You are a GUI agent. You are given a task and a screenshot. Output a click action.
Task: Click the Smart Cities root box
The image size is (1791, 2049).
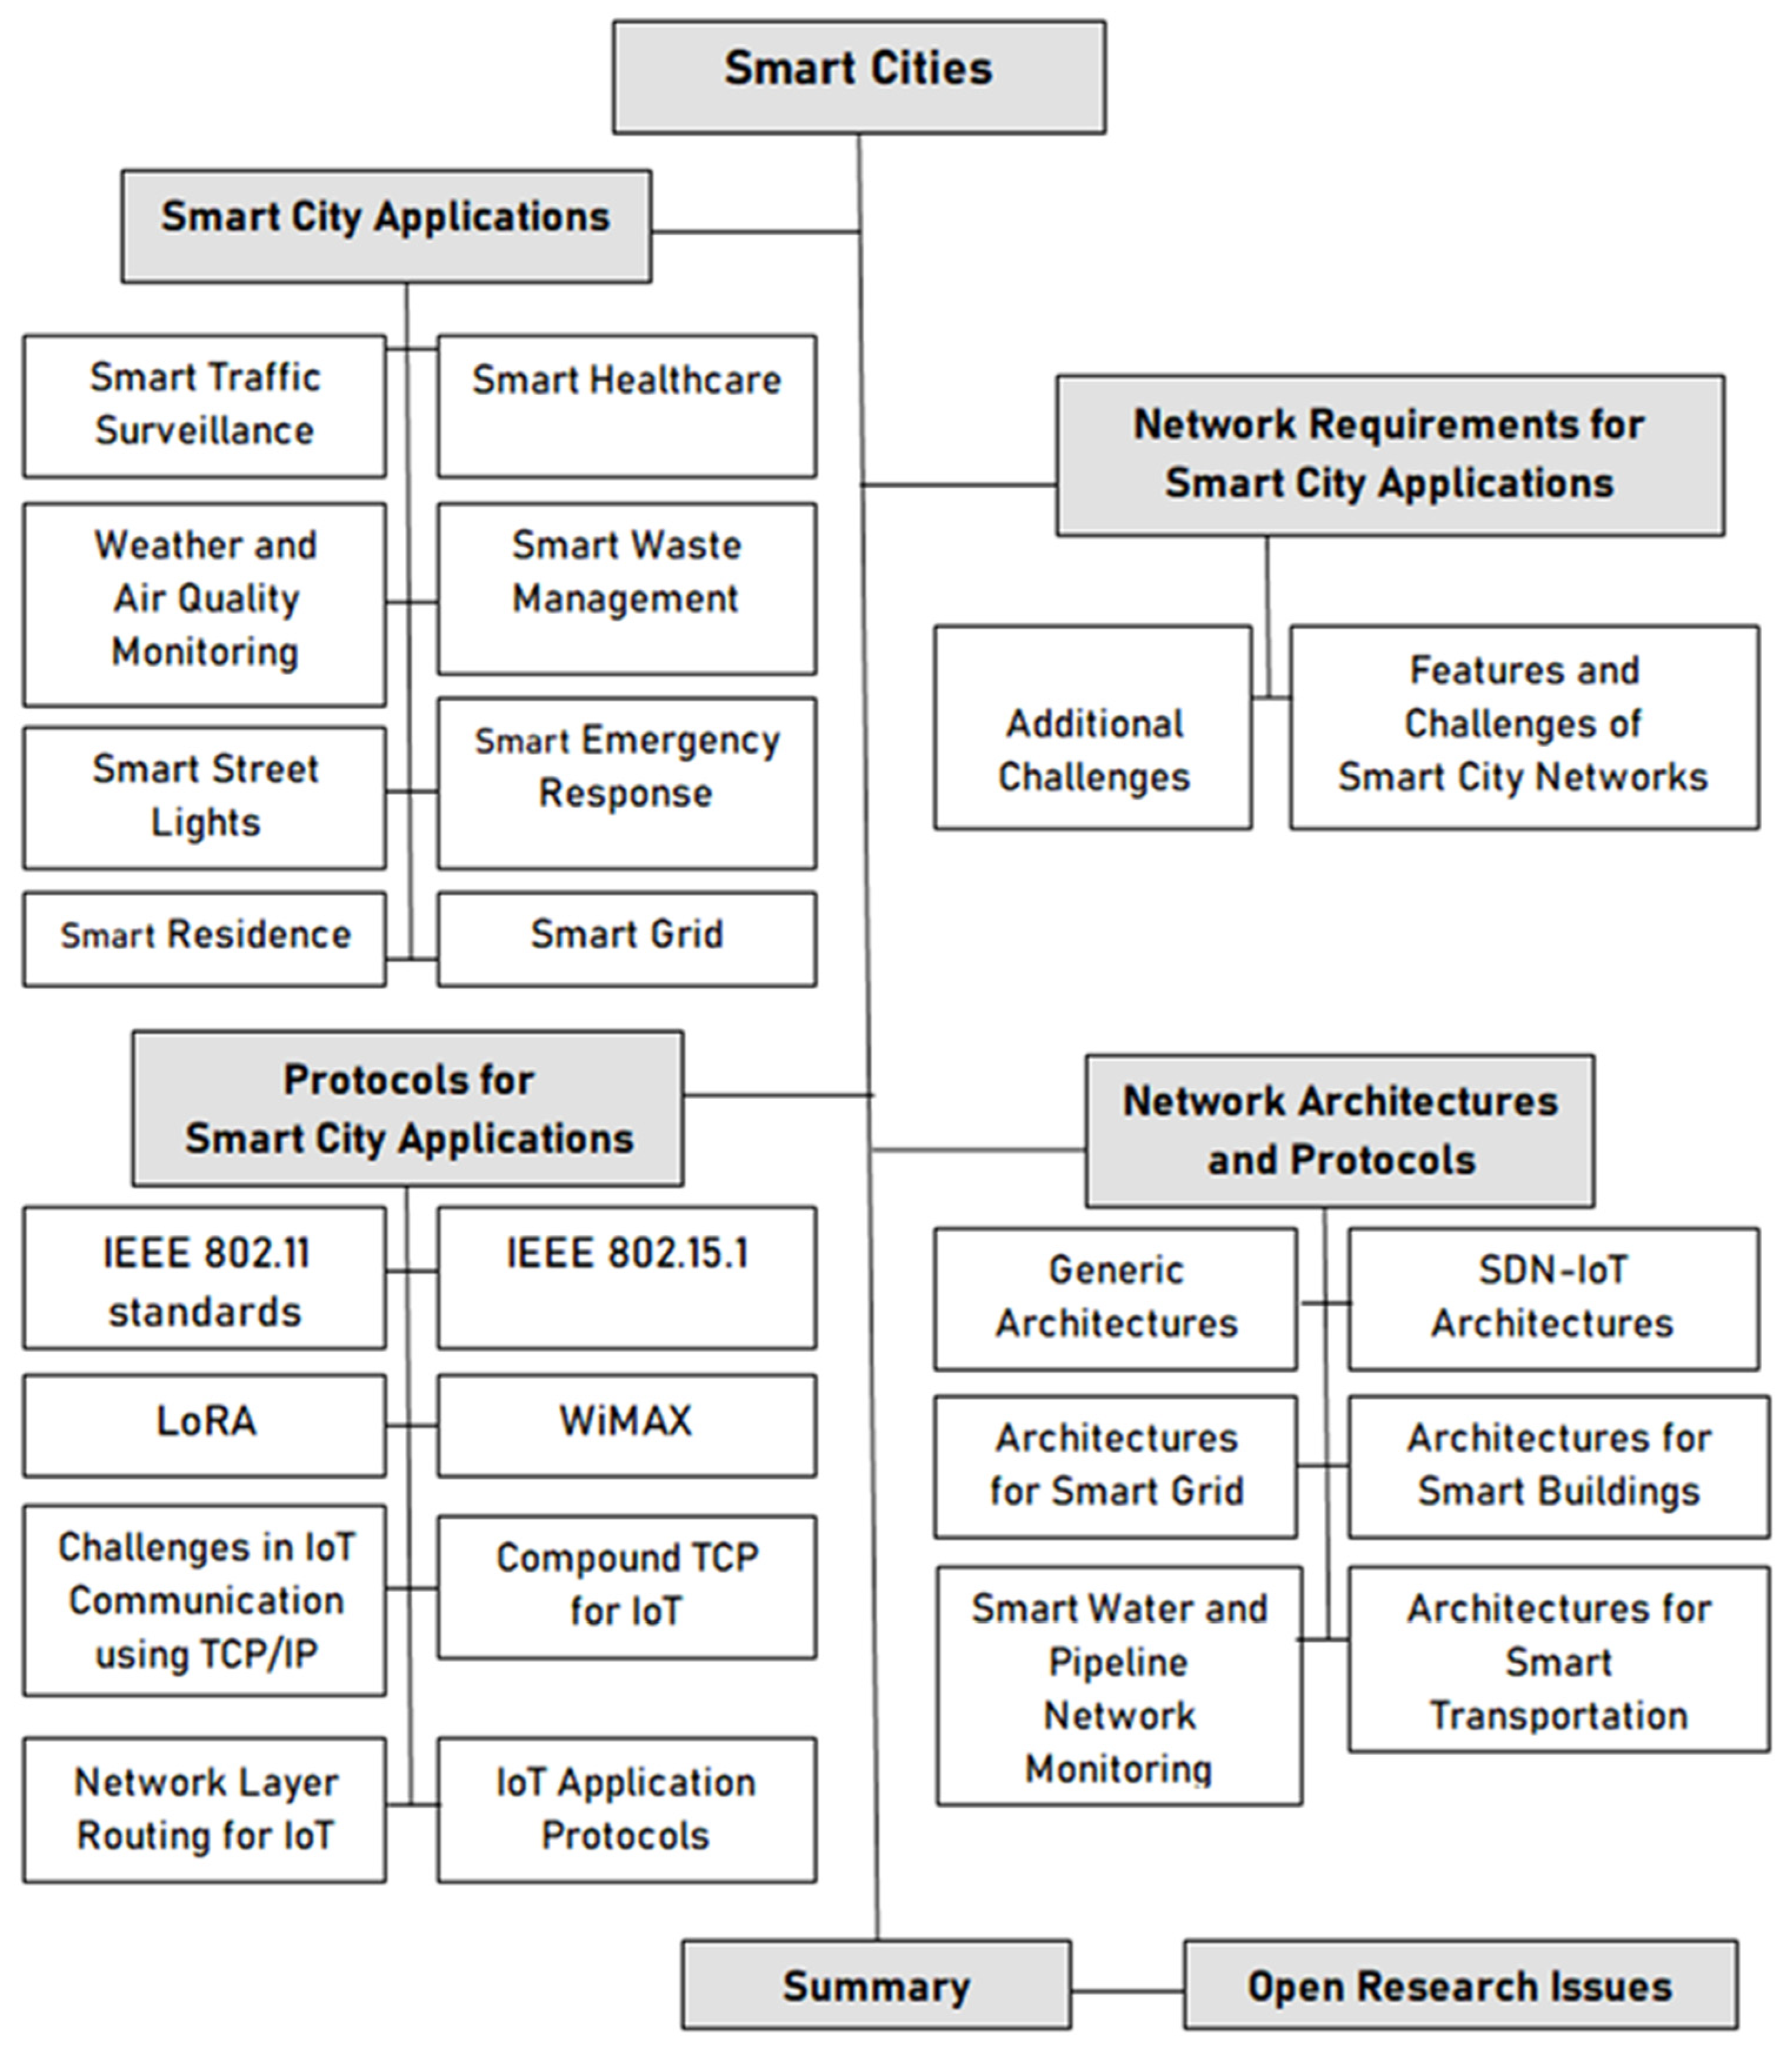pyautogui.click(x=858, y=77)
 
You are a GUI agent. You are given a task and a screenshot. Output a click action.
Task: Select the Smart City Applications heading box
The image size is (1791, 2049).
pyautogui.click(x=386, y=226)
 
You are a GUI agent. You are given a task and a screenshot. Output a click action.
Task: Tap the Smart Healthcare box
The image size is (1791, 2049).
pyautogui.click(x=627, y=406)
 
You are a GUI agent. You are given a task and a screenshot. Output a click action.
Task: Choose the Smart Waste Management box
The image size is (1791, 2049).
pyautogui.click(x=627, y=588)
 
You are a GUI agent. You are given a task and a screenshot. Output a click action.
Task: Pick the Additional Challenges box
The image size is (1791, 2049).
pyautogui.click(x=1093, y=728)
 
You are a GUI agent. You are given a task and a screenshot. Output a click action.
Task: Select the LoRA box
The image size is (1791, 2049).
pyautogui.click(x=205, y=1425)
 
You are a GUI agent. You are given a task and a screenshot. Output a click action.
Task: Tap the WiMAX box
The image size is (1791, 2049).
pyautogui.click(x=627, y=1425)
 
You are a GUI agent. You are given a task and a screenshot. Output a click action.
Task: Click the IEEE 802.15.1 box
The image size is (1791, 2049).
pyautogui.click(x=627, y=1278)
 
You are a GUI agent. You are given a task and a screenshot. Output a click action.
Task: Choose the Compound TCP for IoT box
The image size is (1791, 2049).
pyautogui.click(x=627, y=1587)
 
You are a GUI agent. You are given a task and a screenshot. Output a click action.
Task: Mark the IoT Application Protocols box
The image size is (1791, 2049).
pyautogui.click(x=627, y=1809)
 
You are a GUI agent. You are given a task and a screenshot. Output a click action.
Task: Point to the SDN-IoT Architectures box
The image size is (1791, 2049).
pyautogui.click(x=1553, y=1298)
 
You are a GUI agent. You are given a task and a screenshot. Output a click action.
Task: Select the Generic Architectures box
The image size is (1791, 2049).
pyautogui.click(x=1116, y=1298)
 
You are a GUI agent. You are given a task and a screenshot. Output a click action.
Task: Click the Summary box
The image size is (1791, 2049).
pyautogui.click(x=877, y=1985)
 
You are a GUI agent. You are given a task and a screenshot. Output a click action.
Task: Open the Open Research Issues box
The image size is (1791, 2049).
pyautogui.click(x=1460, y=1985)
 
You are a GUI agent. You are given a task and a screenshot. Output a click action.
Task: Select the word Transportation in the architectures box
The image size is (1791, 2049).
pyautogui.click(x=1558, y=1716)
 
